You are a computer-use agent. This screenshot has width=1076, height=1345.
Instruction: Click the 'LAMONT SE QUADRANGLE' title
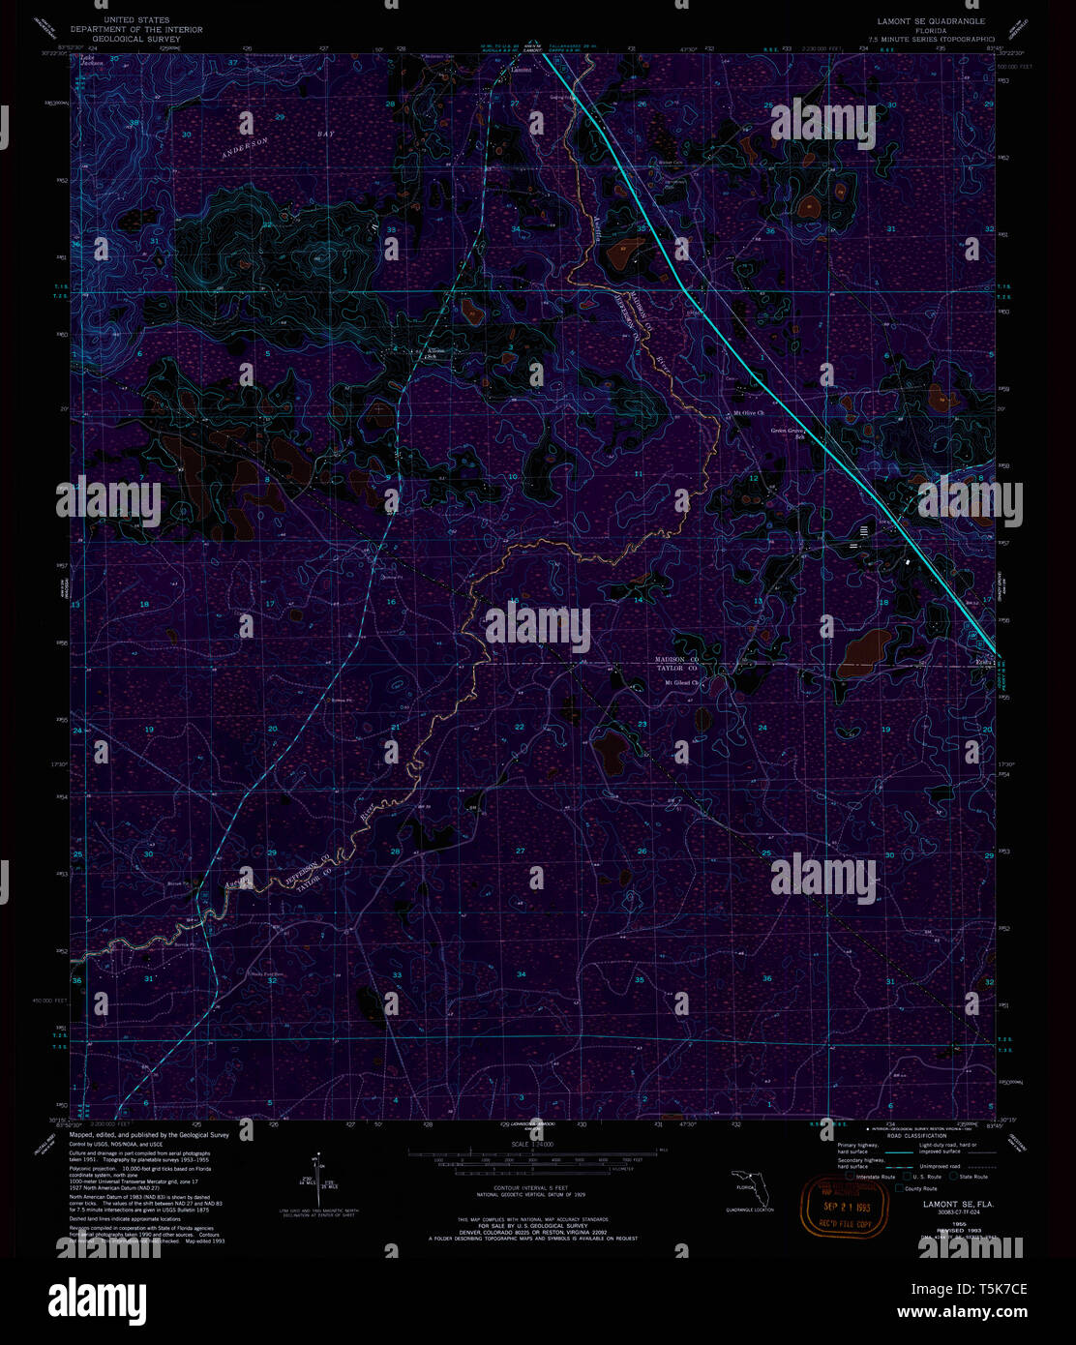click(932, 20)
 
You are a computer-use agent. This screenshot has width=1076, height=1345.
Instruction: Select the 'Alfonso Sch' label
click(437, 352)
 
